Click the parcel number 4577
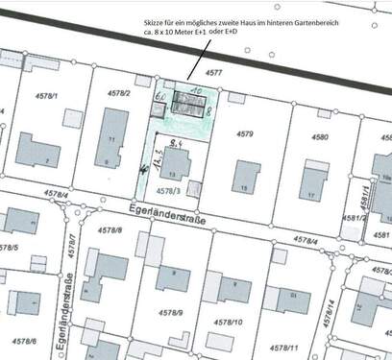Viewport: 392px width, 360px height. click(214, 72)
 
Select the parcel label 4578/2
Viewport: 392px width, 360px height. click(119, 93)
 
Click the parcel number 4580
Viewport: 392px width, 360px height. click(319, 137)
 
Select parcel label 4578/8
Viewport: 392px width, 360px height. click(112, 230)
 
